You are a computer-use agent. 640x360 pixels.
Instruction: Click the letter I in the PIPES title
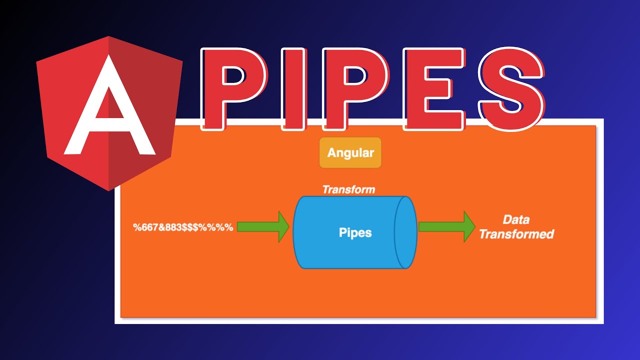292,88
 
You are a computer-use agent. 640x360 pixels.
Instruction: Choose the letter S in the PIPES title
510,88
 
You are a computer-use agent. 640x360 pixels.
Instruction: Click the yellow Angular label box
350,153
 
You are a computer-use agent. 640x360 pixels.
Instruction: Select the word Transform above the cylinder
348,189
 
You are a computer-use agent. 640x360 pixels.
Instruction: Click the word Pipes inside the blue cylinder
355,232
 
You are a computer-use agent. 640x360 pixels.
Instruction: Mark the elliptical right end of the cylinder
405,232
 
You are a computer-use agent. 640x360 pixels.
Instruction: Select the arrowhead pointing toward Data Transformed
469,226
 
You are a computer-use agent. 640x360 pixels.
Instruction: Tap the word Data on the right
516,219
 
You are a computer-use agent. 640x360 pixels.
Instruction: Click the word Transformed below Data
516,234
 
